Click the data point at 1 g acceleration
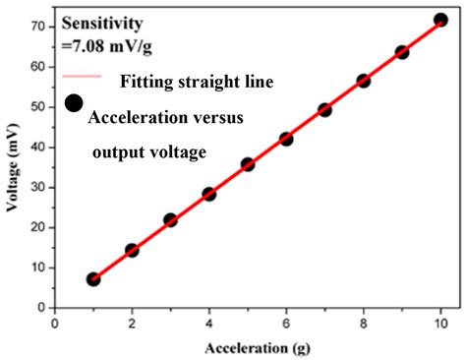(93, 279)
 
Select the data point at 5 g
(248, 164)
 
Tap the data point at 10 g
(441, 20)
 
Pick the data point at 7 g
(325, 110)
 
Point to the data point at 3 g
(170, 220)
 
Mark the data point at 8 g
(364, 81)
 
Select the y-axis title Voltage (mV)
(14, 165)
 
